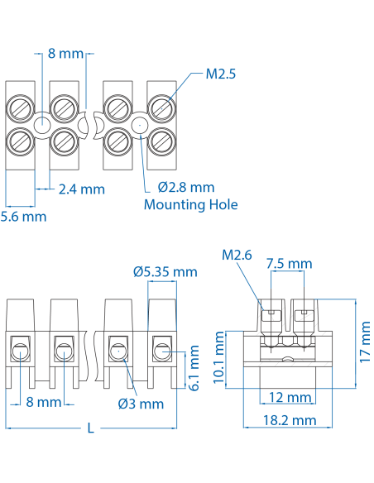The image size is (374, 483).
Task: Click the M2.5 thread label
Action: (x=221, y=74)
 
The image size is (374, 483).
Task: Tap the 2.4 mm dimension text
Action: (x=82, y=189)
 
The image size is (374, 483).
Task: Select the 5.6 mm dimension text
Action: (x=23, y=216)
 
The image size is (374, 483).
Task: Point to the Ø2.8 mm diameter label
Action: (x=185, y=187)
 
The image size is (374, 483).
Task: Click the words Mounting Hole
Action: (x=190, y=204)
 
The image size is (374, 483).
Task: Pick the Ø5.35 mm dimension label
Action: (x=165, y=270)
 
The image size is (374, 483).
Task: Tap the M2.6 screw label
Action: (x=237, y=255)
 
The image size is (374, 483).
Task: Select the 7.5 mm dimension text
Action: (x=289, y=263)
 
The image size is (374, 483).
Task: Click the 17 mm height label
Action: (x=365, y=342)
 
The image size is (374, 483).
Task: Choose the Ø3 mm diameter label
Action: (x=141, y=404)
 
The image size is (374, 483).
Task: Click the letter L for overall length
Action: (x=91, y=428)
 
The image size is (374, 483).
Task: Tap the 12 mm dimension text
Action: (x=289, y=398)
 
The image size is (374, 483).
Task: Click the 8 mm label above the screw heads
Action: (x=65, y=54)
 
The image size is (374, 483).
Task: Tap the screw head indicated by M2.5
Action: (x=161, y=108)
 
